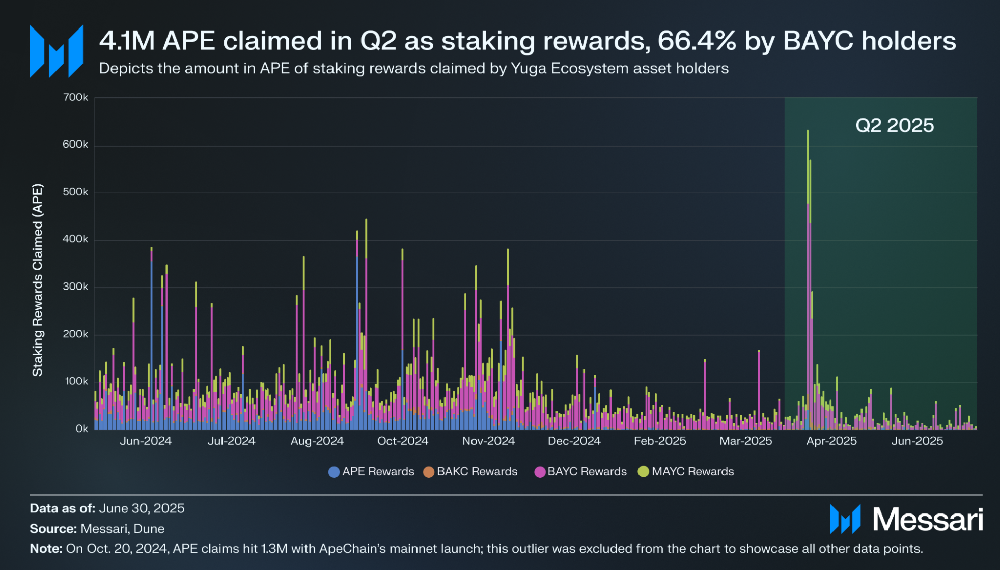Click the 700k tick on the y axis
tap(75, 97)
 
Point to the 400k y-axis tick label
tap(75, 239)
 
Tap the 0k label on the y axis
tap(81, 429)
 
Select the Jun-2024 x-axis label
tap(146, 441)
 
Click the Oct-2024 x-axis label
tap(402, 441)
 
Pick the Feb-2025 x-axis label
tap(660, 441)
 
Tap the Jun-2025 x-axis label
tap(917, 441)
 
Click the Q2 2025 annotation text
tap(895, 126)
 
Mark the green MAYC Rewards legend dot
tap(644, 472)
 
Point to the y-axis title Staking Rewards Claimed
tap(38, 280)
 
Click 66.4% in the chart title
tap(697, 41)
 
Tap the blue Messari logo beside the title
tap(56, 51)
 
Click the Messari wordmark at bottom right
tap(927, 520)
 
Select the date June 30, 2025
tap(142, 508)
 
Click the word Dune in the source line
tap(149, 529)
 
